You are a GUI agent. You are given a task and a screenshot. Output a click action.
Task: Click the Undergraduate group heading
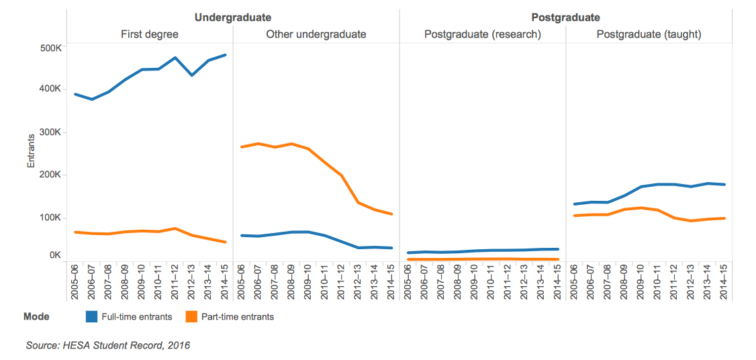tap(233, 17)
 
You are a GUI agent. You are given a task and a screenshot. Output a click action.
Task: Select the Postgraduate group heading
tap(565, 17)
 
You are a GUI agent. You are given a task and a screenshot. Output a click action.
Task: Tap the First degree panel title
tap(149, 34)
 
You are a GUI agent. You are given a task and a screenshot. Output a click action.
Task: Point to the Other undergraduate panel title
tap(316, 34)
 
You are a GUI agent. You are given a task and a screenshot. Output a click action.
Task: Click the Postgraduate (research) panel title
tap(482, 34)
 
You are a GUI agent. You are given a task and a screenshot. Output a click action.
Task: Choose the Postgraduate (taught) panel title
tap(649, 34)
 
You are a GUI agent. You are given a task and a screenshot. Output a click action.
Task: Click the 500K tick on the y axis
tap(50, 48)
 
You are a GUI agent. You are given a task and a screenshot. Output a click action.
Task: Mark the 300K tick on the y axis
tap(50, 132)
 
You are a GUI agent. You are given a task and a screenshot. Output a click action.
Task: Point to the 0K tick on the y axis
tap(54, 255)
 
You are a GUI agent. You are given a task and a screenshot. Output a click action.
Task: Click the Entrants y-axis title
tap(31, 152)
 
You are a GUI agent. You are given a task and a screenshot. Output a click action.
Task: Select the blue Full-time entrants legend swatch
tap(93, 316)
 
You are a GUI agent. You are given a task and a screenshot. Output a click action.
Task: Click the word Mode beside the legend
tap(36, 316)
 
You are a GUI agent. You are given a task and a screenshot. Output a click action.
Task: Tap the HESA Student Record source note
tap(107, 345)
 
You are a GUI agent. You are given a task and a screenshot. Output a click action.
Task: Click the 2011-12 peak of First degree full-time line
tap(175, 58)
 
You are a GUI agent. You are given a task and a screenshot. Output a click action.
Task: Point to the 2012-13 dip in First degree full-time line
tap(192, 75)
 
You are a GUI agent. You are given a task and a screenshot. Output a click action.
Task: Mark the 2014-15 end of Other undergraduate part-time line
tap(391, 214)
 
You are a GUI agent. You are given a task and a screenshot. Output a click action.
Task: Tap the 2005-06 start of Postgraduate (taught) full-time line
tap(574, 204)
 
